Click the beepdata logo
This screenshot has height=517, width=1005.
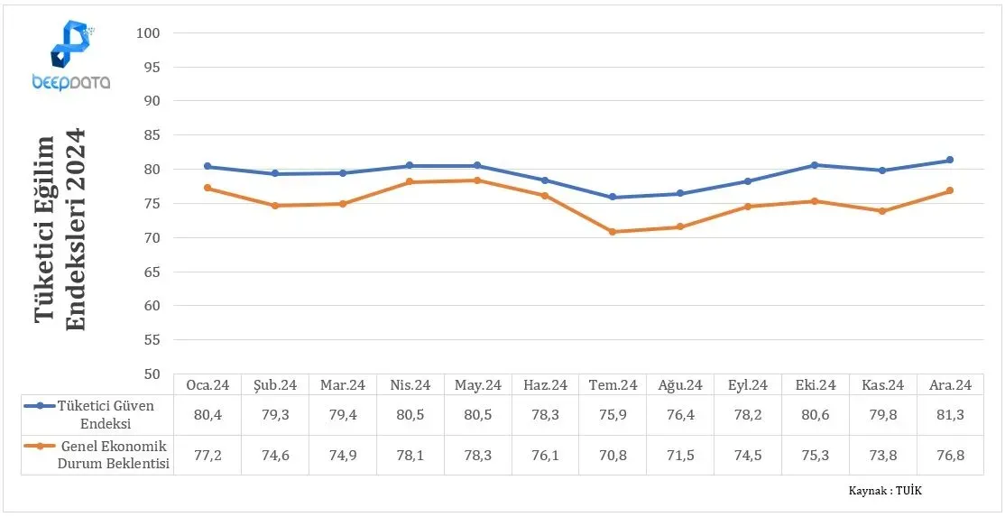pyautogui.click(x=70, y=55)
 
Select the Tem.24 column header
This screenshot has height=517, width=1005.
pyautogui.click(x=612, y=385)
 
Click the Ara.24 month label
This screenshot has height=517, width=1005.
pyautogui.click(x=950, y=385)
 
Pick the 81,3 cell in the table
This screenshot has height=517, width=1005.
pyautogui.click(x=950, y=414)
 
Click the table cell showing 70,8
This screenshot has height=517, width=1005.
pyautogui.click(x=612, y=456)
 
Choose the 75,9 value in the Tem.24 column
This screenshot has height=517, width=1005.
pyautogui.click(x=612, y=414)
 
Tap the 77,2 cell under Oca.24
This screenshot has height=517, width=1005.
pyautogui.click(x=207, y=456)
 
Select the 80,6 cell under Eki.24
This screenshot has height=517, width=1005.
pyautogui.click(x=816, y=414)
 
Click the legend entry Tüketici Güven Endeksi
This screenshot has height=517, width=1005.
pyautogui.click(x=97, y=414)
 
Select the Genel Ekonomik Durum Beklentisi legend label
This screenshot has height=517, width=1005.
pyautogui.click(x=97, y=455)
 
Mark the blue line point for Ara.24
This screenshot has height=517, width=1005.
pyautogui.click(x=950, y=161)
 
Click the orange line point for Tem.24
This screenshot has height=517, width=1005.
pyautogui.click(x=612, y=232)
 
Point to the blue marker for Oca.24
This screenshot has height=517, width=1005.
pyautogui.click(x=207, y=166)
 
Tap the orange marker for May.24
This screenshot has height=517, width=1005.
pyautogui.click(x=477, y=180)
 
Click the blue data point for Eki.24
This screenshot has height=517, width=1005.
pyautogui.click(x=815, y=164)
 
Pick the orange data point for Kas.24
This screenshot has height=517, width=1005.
pyautogui.click(x=882, y=211)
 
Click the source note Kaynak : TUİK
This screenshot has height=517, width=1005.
pyautogui.click(x=885, y=491)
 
